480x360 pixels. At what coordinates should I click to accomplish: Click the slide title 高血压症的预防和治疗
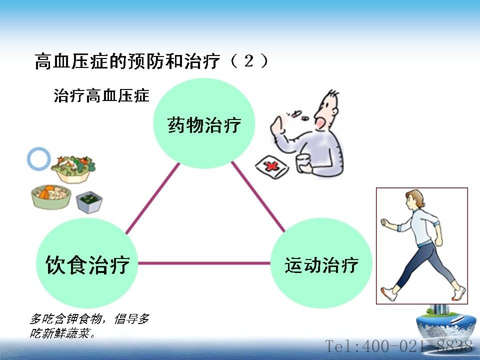pyautogui.click(x=127, y=61)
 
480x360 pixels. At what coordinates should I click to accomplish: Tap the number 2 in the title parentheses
pyautogui.click(x=249, y=60)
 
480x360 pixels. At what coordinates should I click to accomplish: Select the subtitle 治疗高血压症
pyautogui.click(x=101, y=95)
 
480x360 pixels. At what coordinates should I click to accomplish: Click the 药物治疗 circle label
pyautogui.click(x=204, y=124)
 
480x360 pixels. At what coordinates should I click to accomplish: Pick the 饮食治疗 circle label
pyautogui.click(x=87, y=264)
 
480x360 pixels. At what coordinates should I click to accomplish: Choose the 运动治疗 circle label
pyautogui.click(x=321, y=265)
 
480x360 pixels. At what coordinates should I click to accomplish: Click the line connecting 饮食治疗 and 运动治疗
pyautogui.click(x=204, y=263)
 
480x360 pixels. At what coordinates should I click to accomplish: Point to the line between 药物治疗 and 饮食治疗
pyautogui.click(x=153, y=198)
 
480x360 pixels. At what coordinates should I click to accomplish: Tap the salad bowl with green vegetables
pyautogui.click(x=73, y=169)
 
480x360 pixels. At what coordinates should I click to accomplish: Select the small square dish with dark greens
pyautogui.click(x=89, y=202)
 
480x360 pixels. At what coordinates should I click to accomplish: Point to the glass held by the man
pyautogui.click(x=303, y=163)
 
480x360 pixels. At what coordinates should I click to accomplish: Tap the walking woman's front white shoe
pyautogui.click(x=388, y=293)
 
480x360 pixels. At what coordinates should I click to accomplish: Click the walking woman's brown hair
pyautogui.click(x=417, y=197)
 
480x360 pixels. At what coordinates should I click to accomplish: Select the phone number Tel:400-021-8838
pyautogui.click(x=398, y=346)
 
